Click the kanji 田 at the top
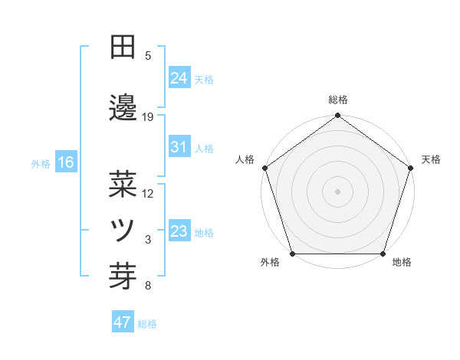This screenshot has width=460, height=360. tap(123, 47)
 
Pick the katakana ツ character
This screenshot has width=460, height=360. tap(123, 229)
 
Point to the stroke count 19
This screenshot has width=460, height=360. tap(148, 117)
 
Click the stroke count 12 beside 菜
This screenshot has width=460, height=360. tap(148, 194)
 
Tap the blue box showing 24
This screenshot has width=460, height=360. tap(179, 77)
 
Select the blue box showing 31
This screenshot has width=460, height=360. tap(179, 147)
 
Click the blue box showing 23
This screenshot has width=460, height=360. tap(179, 231)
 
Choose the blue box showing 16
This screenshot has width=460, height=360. tap(65, 162)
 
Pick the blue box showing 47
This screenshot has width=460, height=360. tap(123, 322)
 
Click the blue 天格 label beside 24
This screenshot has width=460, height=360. tap(204, 79)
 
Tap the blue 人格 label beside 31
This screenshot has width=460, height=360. tap(204, 149)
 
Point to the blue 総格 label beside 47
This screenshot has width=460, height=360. tap(147, 324)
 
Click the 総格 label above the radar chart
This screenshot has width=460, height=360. tap(338, 100)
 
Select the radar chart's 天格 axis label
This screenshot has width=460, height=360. tap(431, 159)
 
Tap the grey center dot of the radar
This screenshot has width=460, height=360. tap(337, 191)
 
